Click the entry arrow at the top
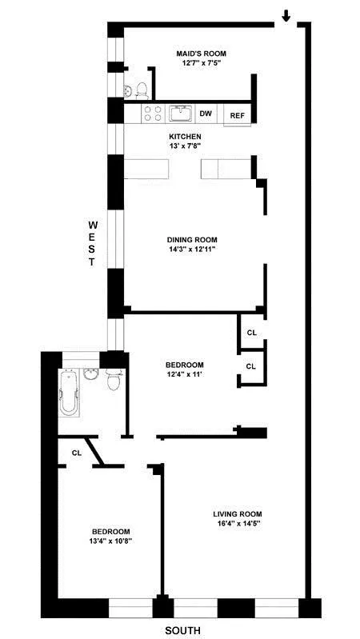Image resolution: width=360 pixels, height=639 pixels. (x=286, y=15)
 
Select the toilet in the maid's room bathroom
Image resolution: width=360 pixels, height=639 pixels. (x=139, y=89)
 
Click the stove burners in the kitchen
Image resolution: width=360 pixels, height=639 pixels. (x=153, y=114)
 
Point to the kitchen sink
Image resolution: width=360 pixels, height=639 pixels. (x=181, y=113)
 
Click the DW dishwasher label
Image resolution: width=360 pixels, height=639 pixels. (x=206, y=114)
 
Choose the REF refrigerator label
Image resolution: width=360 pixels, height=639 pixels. (x=238, y=116)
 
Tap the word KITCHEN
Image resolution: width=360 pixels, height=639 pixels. (x=185, y=137)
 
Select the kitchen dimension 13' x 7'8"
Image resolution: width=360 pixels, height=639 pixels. (x=185, y=146)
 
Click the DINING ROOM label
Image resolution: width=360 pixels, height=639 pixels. (x=192, y=240)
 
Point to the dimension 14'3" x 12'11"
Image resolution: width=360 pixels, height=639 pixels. (x=192, y=250)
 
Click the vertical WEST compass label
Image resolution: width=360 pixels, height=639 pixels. (x=93, y=243)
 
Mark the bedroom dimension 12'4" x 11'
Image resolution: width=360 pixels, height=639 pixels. (x=183, y=374)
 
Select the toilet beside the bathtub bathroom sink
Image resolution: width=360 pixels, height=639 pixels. (x=114, y=382)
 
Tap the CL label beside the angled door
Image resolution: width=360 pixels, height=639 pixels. (x=77, y=453)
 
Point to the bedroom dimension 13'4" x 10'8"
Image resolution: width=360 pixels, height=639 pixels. (x=110, y=541)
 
